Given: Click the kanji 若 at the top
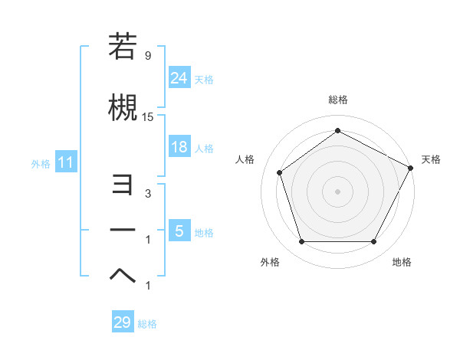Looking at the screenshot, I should pyautogui.click(x=123, y=47).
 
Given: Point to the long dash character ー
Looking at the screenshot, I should pyautogui.click(x=123, y=230).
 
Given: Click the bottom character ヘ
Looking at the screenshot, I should pyautogui.click(x=123, y=274).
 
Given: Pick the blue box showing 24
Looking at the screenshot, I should pyautogui.click(x=179, y=77).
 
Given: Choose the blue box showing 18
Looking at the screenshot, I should pyautogui.click(x=179, y=147).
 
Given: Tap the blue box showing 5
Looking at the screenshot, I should pyautogui.click(x=179, y=231).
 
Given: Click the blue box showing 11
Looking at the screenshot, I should pyautogui.click(x=65, y=162).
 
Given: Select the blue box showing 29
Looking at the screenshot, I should pyautogui.click(x=123, y=322).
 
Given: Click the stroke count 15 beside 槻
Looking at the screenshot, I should pyautogui.click(x=149, y=116).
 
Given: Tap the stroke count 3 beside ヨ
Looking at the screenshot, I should pyautogui.click(x=148, y=194).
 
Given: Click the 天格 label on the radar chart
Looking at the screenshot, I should pyautogui.click(x=431, y=159).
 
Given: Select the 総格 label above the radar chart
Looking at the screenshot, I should pyautogui.click(x=338, y=100).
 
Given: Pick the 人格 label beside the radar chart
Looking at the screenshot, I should pyautogui.click(x=245, y=159).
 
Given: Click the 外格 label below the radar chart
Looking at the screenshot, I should pyautogui.click(x=270, y=262).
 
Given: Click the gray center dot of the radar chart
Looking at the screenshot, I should pyautogui.click(x=337, y=191).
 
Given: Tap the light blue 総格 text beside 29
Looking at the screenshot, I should pyautogui.click(x=147, y=324).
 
